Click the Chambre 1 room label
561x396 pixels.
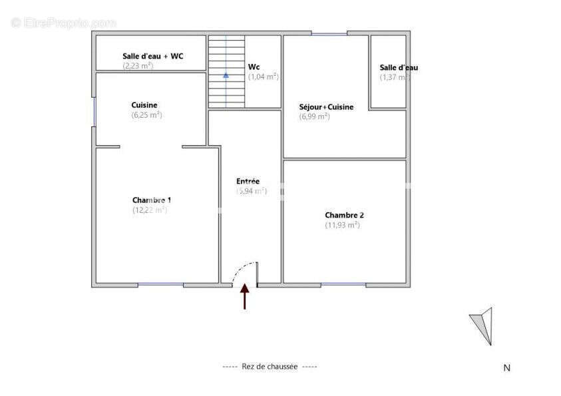pos(152,200)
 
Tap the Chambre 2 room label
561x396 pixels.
pos(344,215)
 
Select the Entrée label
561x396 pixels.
pos(248,181)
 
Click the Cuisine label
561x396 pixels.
pos(144,105)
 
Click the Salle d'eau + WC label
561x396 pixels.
pos(152,57)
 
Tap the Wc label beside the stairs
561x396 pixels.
pos(254,67)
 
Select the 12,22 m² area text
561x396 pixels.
pos(150,210)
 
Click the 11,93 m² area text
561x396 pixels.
pos(343,225)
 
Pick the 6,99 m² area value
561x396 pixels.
pos(315,116)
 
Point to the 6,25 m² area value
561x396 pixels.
pos(147,114)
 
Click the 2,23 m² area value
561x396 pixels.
pos(138,66)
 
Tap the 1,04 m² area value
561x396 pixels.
pos(264,77)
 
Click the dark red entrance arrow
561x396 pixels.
pos(244,296)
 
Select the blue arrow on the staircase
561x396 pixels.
pos(226,75)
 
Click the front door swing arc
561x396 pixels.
pos(239,269)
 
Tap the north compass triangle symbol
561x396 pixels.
pos(483,325)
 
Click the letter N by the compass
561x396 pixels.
pos(506,367)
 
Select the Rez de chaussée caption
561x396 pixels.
pos(270,367)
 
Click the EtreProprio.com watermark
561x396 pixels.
pos(63,23)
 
